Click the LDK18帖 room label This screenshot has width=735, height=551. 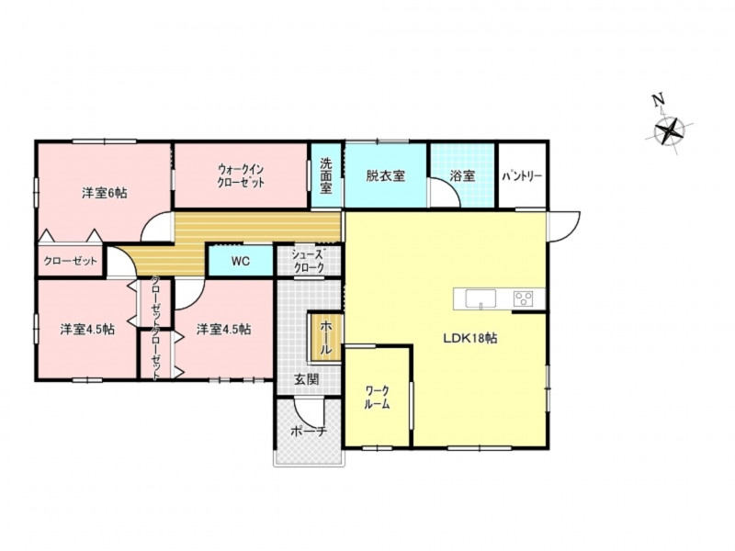click(470, 338)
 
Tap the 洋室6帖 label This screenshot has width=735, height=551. click(104, 193)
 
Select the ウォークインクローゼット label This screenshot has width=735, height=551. click(241, 175)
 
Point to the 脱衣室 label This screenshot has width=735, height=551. click(385, 176)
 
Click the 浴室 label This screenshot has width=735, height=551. click(463, 176)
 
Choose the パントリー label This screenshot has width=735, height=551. click(522, 176)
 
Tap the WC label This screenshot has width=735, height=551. click(240, 262)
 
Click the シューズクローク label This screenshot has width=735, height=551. click(308, 262)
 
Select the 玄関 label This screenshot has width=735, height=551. click(307, 379)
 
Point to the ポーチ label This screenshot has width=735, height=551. click(308, 432)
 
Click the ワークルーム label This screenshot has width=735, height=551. click(378, 398)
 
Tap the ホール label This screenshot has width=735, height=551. click(325, 337)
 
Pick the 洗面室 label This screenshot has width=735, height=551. click(326, 175)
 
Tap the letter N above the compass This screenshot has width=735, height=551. click(658, 100)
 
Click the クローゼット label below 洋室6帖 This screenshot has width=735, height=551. click(71, 261)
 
